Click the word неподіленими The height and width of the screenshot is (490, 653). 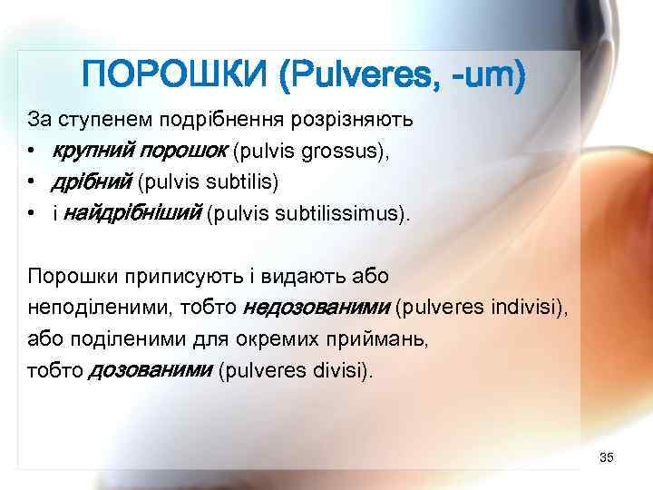coord(86,308)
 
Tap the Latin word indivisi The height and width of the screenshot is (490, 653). coord(527,308)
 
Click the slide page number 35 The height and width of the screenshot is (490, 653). coord(607,456)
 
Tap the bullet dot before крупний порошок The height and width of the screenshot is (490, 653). coord(32,152)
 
